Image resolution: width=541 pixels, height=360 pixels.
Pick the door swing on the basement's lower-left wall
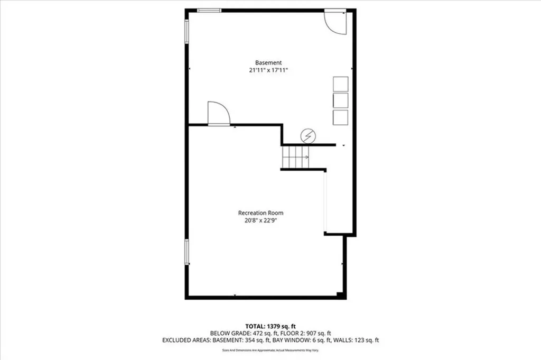pos(218,114)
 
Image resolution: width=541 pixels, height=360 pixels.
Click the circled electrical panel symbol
pos(307,136)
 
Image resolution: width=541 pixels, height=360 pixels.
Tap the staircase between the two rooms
pos(295,157)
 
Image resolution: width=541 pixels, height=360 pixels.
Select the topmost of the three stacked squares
pos(340,84)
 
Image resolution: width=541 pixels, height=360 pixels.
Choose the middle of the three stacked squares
pos(340,100)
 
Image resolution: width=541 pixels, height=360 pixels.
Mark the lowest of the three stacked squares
pos(340,117)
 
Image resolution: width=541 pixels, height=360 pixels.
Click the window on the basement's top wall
pos(209,10)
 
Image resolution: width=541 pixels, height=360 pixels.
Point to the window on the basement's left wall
pos(186,32)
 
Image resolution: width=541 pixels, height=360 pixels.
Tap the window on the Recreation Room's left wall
pos(186,252)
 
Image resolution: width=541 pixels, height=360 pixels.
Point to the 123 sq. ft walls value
pos(365,340)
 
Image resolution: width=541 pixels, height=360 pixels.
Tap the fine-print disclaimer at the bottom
pos(270,350)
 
